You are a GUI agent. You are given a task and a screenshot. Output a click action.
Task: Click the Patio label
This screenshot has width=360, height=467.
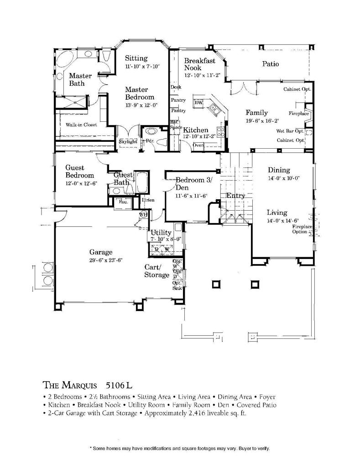[x=270, y=64]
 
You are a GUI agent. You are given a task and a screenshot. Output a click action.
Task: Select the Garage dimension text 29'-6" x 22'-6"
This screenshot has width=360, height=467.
[x=106, y=260]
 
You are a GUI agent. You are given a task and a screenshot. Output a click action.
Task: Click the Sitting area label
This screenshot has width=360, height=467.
[x=136, y=58]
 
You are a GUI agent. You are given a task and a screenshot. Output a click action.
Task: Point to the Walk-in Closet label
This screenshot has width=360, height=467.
[x=81, y=125]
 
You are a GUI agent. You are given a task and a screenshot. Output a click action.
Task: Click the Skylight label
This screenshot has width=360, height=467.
[x=128, y=141]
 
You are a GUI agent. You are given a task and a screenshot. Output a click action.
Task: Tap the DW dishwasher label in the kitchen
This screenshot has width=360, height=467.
[x=198, y=103]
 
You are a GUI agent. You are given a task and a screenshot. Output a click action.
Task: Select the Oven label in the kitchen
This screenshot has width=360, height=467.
[x=198, y=145]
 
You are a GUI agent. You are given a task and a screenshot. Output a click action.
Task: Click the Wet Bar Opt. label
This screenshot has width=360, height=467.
[x=290, y=131]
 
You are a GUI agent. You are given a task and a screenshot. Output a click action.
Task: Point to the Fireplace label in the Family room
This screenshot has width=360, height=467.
[x=299, y=113]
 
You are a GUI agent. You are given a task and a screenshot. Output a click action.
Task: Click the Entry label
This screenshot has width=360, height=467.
[x=236, y=196]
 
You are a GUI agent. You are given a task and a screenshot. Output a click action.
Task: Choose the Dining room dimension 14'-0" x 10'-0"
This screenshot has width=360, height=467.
[x=283, y=179]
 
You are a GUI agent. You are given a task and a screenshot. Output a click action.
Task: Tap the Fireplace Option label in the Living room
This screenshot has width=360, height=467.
[x=301, y=229]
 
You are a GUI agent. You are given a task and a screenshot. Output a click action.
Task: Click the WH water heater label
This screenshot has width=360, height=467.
[x=142, y=214]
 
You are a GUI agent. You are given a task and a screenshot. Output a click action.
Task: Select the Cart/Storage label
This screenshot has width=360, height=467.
[x=157, y=271]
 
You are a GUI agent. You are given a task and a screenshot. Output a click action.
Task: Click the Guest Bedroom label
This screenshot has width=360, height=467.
[x=79, y=171]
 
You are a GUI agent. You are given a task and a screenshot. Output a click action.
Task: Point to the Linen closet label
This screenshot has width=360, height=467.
[x=148, y=200]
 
